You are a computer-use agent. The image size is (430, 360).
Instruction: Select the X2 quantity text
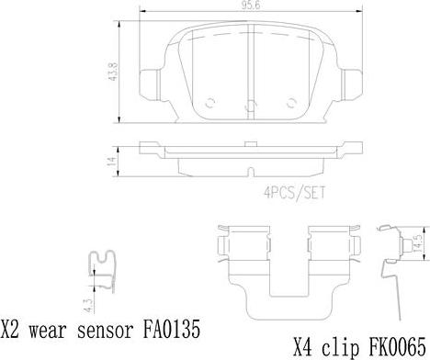12,328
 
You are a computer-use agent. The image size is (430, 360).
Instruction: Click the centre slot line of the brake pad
252,69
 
